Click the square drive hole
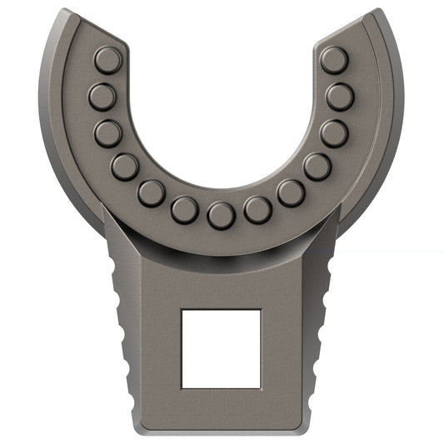221,348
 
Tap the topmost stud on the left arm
107,60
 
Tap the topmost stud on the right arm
334,60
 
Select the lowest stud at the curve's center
221,216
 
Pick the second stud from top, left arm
102,97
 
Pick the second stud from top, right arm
340,97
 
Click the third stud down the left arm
108,133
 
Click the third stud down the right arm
334,133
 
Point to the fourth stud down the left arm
125,167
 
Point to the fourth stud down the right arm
317,167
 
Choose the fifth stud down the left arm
151,193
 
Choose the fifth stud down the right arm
290,193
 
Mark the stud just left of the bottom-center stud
184,210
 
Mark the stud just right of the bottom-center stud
257,210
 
